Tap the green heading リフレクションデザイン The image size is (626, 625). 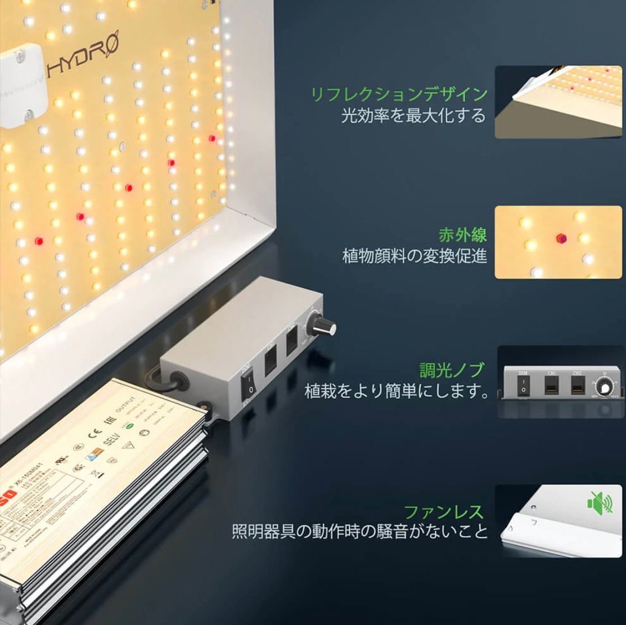(399, 94)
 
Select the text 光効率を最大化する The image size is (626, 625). (413, 116)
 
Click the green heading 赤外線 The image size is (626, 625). (462, 234)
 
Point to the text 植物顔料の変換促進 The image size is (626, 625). (415, 256)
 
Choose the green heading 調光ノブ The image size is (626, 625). (452, 370)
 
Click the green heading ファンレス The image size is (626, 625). (444, 512)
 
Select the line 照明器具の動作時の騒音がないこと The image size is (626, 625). (360, 532)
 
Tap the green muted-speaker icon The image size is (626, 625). (600, 502)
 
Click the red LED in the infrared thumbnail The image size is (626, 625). (560, 238)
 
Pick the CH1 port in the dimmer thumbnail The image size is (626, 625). (552, 385)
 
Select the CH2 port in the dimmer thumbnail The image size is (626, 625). (578, 385)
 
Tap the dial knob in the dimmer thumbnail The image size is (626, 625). (605, 387)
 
